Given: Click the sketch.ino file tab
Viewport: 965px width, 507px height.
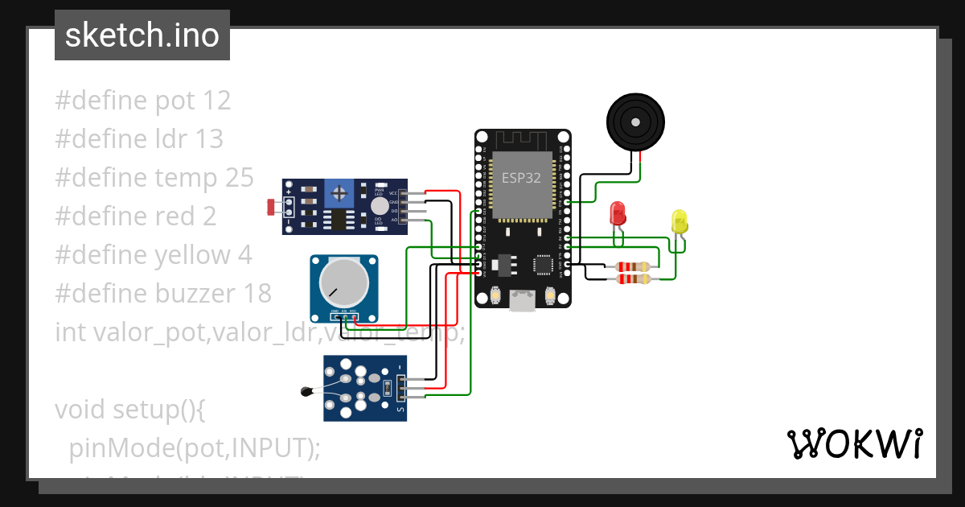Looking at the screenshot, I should coord(142,35).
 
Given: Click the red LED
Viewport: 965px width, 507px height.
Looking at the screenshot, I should coord(618,213).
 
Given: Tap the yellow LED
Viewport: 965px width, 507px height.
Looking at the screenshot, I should coord(680,221).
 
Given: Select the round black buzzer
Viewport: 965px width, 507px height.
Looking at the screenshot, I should coord(634,122).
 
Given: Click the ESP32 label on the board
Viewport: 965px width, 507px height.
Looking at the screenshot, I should coord(521,179).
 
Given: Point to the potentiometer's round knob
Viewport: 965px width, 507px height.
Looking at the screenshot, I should coord(343,283).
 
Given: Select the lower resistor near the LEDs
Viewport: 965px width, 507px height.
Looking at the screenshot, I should coord(633,279).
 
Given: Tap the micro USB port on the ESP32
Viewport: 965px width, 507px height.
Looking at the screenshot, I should coord(523,301).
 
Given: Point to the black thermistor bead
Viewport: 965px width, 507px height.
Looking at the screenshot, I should coord(306,392).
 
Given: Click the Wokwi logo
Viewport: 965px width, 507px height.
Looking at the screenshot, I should coord(853,443).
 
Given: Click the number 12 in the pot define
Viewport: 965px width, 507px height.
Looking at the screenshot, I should coord(217,101).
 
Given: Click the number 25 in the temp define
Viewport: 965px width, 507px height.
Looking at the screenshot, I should coord(239,177).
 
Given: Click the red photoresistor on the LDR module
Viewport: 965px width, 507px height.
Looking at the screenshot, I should coord(271,207).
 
